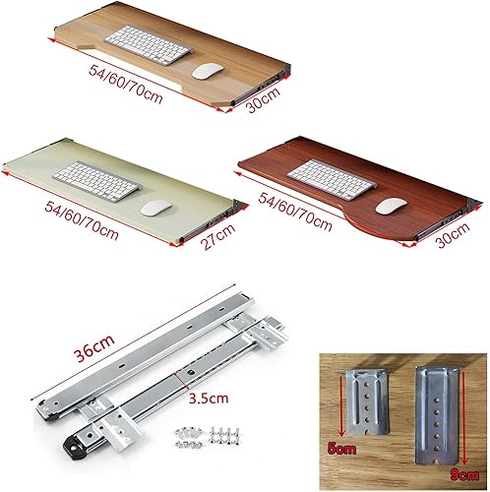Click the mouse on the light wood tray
click(207, 71)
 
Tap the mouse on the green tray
click(152, 209)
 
